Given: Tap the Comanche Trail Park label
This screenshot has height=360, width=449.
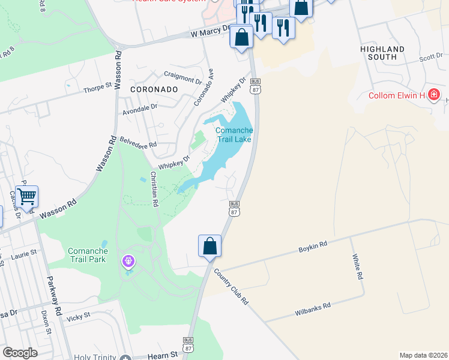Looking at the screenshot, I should coord(87,255).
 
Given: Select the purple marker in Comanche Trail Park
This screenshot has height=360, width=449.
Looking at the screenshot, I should coord(128,261).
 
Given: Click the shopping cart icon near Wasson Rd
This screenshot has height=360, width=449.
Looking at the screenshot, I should coord(26,196).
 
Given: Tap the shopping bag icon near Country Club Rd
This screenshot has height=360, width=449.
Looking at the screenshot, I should coord(209,246).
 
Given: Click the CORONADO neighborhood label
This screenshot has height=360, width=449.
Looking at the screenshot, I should coord(154,89).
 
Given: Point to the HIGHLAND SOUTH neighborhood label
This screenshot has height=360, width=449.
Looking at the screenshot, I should coord(382,53).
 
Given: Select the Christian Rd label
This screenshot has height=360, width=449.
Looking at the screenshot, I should coord(154,189).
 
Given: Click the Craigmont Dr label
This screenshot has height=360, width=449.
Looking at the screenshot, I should coord(182,77).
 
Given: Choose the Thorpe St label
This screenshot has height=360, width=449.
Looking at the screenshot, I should coord(97,88).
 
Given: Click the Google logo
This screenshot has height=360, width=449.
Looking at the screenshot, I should coord(20,353).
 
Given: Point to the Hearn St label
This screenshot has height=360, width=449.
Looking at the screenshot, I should coord(166,355).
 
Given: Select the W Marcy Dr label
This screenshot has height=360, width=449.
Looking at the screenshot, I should coord(209,31).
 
